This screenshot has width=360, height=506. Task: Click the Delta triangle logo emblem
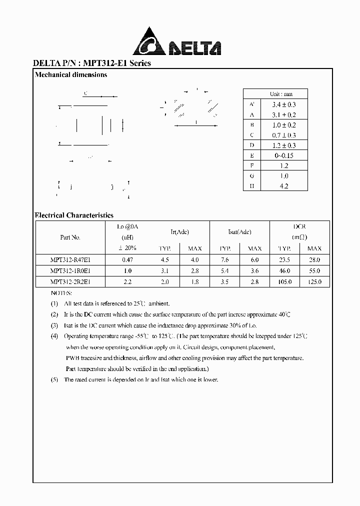[149, 41]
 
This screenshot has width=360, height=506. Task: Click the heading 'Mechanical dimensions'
[70, 75]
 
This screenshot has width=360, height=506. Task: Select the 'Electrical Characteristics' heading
[74, 215]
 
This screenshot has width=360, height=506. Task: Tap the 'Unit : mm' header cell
[281, 94]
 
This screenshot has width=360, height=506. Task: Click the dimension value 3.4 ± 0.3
[283, 104]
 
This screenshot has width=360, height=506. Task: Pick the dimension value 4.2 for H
[283, 186]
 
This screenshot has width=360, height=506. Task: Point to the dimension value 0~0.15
[283, 155]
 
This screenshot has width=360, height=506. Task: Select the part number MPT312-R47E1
[70, 260]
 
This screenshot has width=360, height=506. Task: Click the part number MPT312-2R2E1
[70, 282]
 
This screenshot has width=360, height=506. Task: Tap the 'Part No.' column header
[70, 237]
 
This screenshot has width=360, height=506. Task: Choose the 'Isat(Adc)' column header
[239, 232]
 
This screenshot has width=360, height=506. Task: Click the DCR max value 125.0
[314, 282]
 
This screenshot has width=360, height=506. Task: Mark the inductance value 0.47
[127, 260]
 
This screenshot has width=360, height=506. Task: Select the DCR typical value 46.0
[284, 271]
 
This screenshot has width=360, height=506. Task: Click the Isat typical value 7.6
[224, 260]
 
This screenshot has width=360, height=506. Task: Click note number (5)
[54, 379]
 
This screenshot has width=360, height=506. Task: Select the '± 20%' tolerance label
[127, 248]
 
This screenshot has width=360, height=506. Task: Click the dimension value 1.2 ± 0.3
[283, 145]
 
